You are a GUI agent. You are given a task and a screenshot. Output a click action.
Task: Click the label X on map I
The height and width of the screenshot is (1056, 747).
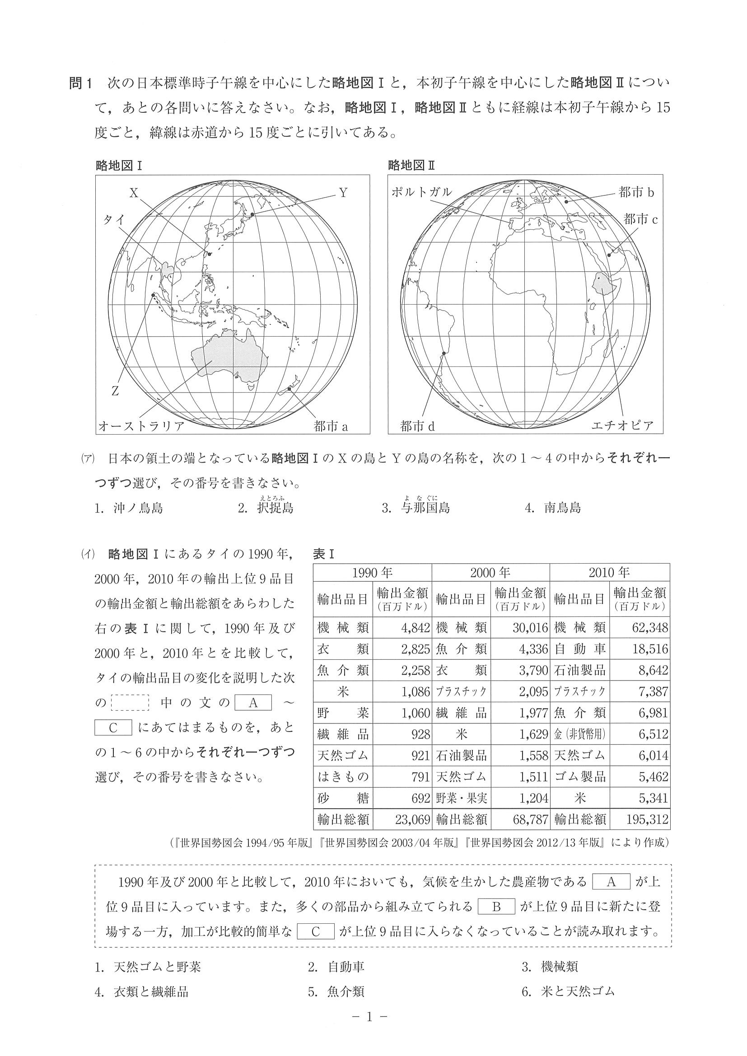(x=134, y=193)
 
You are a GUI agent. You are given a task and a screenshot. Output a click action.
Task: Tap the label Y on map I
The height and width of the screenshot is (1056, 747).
(x=343, y=193)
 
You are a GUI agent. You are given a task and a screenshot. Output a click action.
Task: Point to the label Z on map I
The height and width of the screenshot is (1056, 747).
(x=115, y=391)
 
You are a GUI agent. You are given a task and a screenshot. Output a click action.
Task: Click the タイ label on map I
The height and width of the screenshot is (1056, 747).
(x=114, y=220)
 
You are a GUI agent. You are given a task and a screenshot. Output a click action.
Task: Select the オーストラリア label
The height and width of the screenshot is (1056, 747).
(x=142, y=426)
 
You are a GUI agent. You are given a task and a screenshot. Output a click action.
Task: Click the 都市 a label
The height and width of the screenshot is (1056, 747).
(x=331, y=426)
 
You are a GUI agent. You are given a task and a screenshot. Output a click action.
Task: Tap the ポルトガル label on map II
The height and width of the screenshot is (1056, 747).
(x=422, y=193)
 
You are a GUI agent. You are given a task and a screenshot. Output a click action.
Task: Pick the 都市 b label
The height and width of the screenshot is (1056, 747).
(x=636, y=192)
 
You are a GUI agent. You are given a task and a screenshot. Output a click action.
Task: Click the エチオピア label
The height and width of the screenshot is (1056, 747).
(x=622, y=426)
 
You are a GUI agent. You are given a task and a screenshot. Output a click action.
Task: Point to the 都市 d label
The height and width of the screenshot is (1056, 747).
(x=417, y=426)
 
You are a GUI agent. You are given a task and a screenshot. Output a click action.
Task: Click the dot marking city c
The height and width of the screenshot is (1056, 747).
(x=609, y=255)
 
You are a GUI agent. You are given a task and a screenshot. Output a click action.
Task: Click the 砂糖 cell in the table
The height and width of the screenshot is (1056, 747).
(x=343, y=798)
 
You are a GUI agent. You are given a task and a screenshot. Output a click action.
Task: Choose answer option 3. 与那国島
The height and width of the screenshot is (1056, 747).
(x=416, y=508)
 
